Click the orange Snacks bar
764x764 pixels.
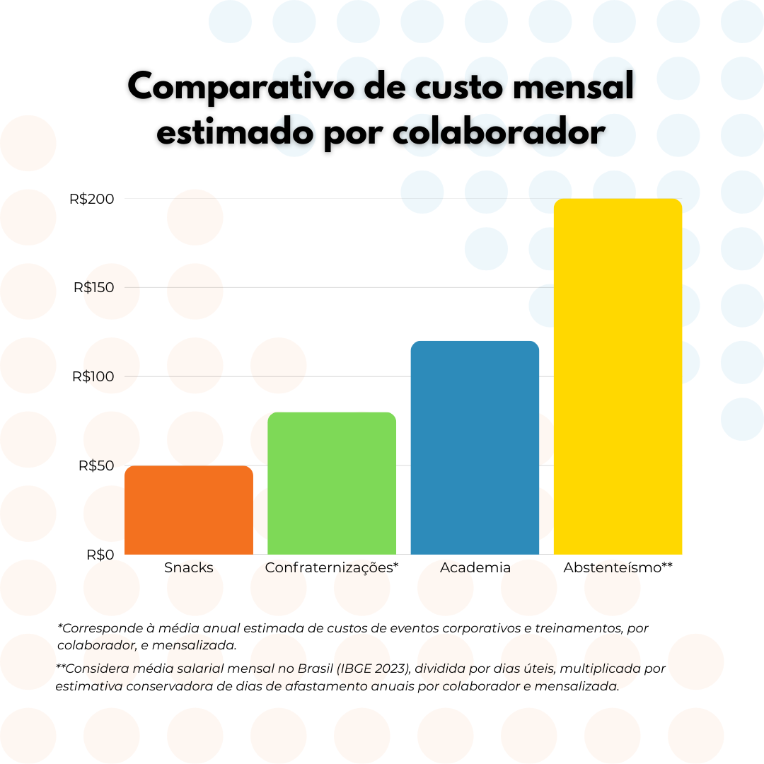click(x=189, y=510)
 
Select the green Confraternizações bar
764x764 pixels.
click(x=332, y=483)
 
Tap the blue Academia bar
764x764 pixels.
click(x=475, y=448)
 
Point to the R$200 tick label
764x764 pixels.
click(x=92, y=199)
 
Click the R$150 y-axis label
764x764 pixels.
click(x=93, y=288)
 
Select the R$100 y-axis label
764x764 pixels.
click(x=93, y=377)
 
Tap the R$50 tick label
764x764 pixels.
click(x=96, y=466)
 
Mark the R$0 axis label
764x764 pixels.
click(x=100, y=555)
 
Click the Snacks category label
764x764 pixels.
click(x=189, y=567)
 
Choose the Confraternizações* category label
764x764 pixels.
click(x=332, y=567)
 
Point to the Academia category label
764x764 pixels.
click(x=475, y=567)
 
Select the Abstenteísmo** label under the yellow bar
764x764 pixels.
click(x=618, y=567)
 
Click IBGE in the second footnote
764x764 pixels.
click(x=356, y=668)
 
